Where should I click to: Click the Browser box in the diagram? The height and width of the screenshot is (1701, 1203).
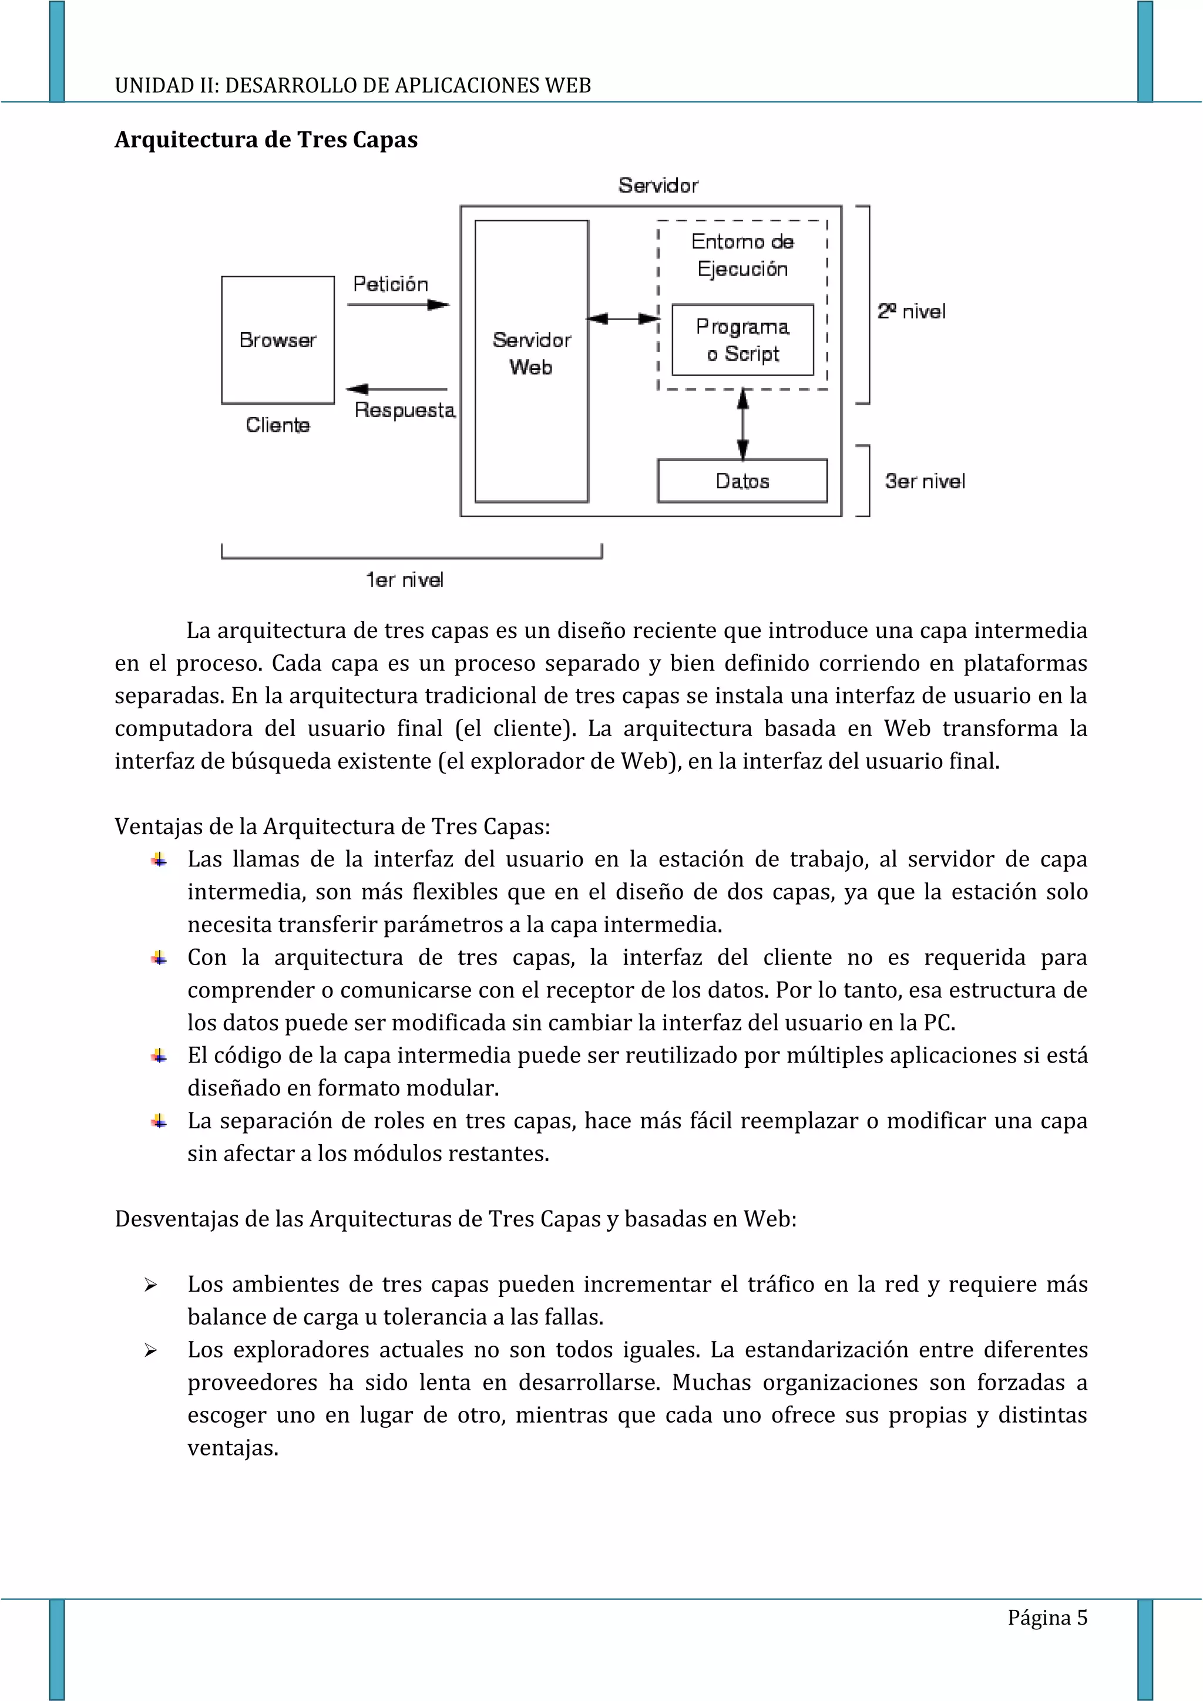point(278,340)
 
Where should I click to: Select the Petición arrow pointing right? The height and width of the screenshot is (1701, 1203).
point(398,304)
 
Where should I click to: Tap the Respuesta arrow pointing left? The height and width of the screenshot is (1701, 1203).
point(396,389)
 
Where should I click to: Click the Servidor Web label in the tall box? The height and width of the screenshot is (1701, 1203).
point(531,354)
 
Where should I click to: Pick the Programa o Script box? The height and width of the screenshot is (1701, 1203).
point(742,340)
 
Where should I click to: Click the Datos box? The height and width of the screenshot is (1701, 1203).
point(742,481)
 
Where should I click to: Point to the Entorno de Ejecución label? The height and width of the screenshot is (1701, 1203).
point(742,255)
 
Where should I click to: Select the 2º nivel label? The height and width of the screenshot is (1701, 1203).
point(911,311)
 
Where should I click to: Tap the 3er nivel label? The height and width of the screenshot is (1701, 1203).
point(925,481)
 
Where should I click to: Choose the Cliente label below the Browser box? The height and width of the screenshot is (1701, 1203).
point(278,425)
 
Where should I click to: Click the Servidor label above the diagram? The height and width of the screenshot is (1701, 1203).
point(658,185)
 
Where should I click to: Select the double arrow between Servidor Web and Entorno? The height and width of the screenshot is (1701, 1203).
point(622,318)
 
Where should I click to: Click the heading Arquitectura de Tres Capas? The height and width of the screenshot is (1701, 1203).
point(266,139)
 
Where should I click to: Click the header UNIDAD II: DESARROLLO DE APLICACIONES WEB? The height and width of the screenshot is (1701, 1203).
point(352,85)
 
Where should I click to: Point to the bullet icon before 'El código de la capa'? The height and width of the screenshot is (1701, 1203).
point(159,1055)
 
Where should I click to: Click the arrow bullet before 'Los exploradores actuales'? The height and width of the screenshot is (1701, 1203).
point(150,1350)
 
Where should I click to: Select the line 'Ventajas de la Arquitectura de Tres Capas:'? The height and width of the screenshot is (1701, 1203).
point(332,826)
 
